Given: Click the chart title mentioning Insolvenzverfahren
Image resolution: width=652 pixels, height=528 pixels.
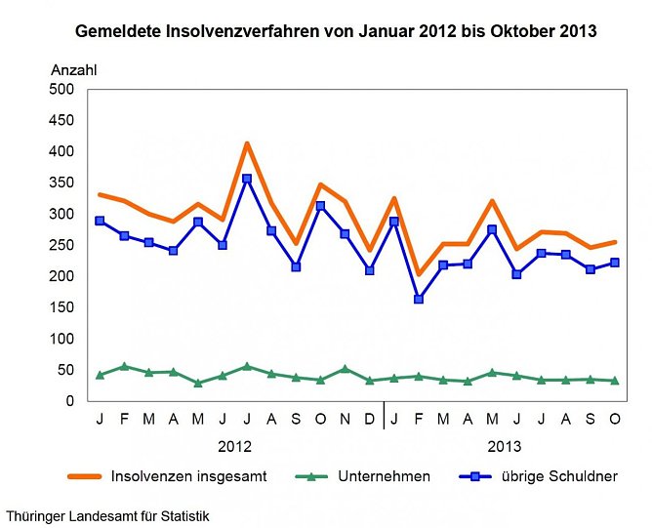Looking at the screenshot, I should pos(336,31).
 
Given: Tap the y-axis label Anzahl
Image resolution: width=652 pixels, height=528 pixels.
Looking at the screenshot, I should pos(74,70).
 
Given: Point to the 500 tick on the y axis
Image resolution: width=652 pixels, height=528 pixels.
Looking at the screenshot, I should pos(61,89).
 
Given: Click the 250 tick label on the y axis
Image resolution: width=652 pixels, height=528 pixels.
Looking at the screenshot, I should pos(61,245).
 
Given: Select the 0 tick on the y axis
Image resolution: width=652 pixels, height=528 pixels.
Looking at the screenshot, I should pos(70,401).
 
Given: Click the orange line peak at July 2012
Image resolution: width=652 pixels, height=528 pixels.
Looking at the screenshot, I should pos(247,144).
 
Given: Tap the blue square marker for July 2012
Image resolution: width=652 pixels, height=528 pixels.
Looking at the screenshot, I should pos(247,179).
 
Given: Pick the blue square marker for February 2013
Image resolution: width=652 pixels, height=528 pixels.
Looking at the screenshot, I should pos(419,299).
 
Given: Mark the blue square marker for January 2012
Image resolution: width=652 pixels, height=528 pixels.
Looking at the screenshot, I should pos(101,221).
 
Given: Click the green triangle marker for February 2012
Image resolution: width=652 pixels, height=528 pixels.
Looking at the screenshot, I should pos(125,366).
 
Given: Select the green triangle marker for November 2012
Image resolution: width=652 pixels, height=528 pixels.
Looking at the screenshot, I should pos(345,369).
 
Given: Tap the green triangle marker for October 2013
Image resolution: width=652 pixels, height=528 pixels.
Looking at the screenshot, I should pos(615,381).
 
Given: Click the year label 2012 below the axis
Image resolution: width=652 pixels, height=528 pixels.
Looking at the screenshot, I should pos(234,446).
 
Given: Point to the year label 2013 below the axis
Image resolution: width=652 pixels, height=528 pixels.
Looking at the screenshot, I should pos(504,446).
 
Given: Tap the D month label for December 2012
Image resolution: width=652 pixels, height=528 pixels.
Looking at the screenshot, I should pos(369,420).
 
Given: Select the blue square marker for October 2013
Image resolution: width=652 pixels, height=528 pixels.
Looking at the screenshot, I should pos(615,263).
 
